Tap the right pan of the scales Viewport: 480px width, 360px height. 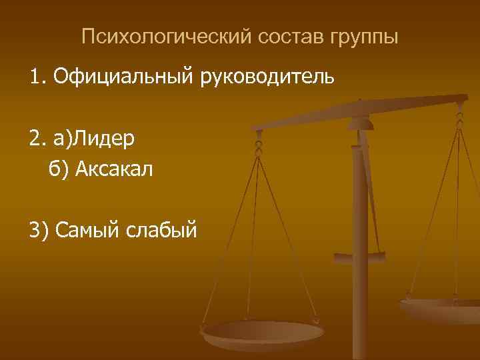[x=443, y=307]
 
